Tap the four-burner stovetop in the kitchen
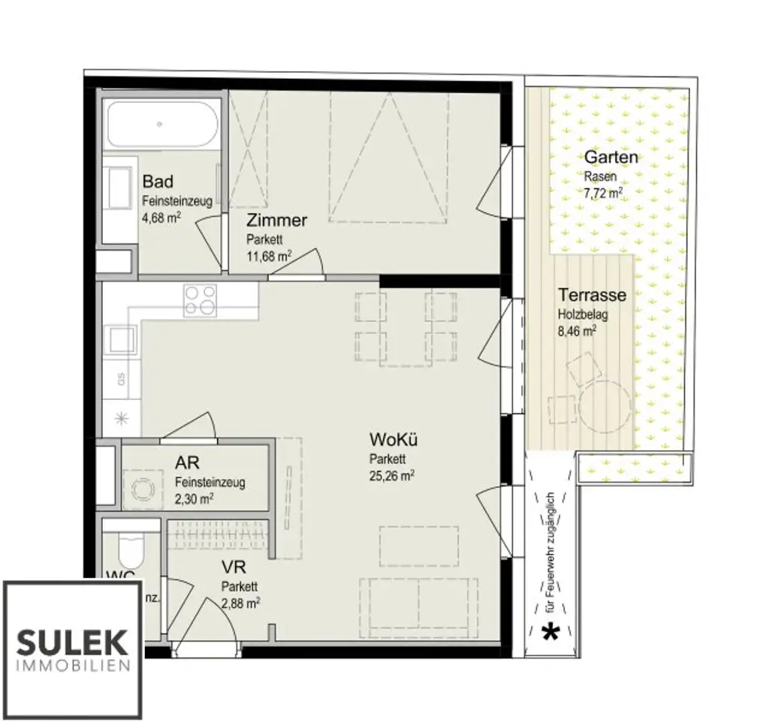coord(200,299)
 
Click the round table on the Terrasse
coord(602,406)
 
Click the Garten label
coord(611,158)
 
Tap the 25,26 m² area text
coord(392,474)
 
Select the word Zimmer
coord(277,221)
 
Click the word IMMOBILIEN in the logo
coord(74,666)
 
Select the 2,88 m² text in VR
coord(241,601)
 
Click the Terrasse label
coord(592,295)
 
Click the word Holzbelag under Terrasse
coord(583,314)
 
